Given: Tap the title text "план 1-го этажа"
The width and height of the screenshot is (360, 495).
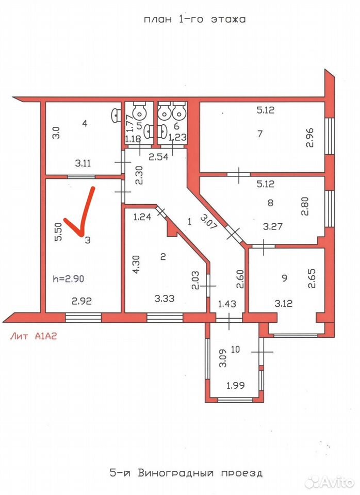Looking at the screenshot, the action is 195,19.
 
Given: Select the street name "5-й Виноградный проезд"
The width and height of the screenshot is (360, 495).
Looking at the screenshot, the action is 186,473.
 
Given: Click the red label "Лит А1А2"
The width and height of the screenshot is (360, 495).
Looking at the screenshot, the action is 34,336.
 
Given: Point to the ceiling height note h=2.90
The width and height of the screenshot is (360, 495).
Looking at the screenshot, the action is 69,279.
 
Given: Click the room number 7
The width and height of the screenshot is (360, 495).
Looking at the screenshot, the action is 260,134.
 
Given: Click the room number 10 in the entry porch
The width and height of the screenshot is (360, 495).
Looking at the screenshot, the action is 236,349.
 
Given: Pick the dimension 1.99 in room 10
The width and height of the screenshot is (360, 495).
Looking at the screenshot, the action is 236,385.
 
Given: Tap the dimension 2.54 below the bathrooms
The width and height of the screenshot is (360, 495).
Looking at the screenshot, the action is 158,156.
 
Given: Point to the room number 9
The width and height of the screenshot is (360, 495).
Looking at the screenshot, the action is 285,278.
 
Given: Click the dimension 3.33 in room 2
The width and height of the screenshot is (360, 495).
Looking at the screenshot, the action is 165,298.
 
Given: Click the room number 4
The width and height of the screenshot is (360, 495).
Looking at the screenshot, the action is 84,123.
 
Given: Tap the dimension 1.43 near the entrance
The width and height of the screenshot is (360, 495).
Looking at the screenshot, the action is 227,304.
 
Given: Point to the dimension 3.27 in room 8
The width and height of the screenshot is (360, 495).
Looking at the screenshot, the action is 273,226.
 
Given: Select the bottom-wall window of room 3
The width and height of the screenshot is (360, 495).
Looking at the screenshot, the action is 84,317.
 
